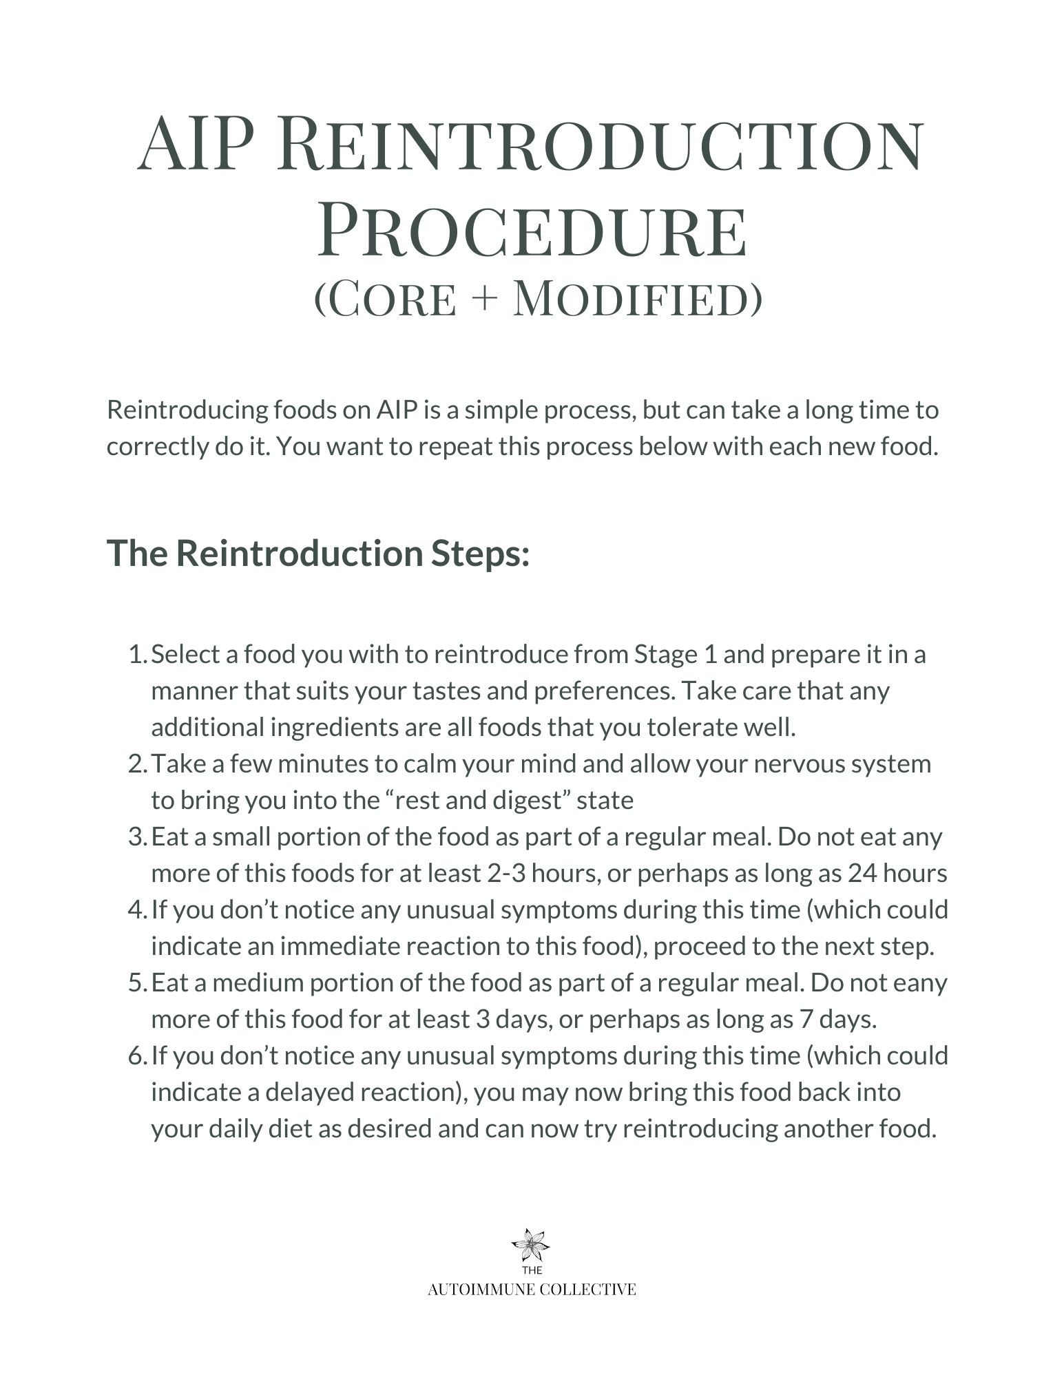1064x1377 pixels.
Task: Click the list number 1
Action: [137, 654]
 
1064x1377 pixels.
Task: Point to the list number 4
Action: [136, 910]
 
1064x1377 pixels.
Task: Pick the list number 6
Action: [136, 1055]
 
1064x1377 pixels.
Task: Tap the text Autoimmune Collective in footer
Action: [532, 1290]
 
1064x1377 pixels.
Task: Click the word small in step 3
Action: [236, 837]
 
